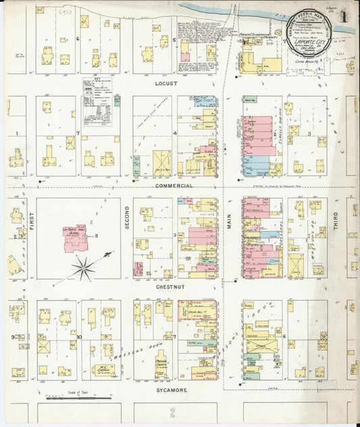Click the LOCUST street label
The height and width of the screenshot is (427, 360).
click(x=165, y=84)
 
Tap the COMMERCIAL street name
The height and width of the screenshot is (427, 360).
click(x=174, y=185)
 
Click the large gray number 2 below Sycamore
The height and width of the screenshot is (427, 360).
click(x=173, y=411)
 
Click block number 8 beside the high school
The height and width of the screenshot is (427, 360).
click(x=97, y=235)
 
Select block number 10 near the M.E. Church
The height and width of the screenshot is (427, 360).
click(x=79, y=336)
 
